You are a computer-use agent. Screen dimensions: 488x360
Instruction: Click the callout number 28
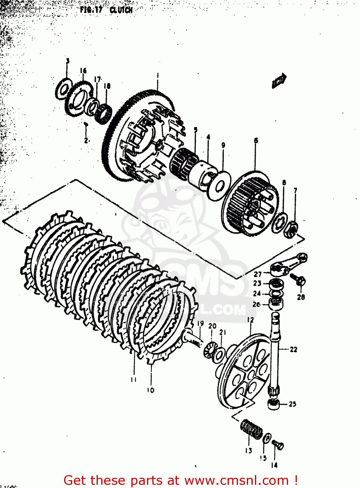click(301, 297)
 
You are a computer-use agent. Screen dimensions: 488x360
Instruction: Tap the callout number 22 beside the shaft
click(293, 349)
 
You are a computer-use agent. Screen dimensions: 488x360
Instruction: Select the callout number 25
click(292, 404)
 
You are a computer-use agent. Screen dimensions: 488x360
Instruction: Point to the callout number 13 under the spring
click(248, 451)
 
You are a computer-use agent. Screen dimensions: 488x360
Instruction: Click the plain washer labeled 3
click(63, 88)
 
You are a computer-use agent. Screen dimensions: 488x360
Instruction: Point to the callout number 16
click(83, 71)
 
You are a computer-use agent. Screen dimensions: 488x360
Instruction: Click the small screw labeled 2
click(86, 124)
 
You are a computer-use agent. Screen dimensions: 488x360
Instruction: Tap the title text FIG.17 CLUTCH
click(106, 10)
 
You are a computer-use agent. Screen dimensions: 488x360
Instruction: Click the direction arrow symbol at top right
click(279, 81)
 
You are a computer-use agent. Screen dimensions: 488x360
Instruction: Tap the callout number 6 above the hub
click(256, 141)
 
